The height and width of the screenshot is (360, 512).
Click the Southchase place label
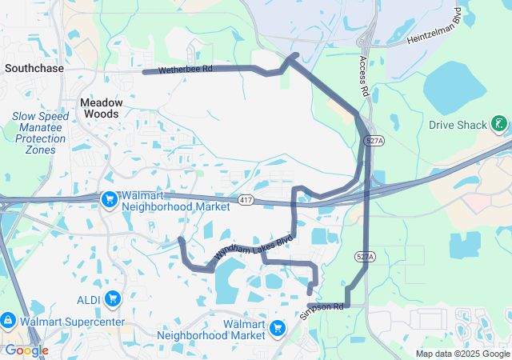point(34,69)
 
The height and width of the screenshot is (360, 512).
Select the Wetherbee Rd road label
point(185,70)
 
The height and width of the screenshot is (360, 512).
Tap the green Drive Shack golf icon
point(499,124)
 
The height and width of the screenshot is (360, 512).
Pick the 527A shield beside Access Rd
point(374,140)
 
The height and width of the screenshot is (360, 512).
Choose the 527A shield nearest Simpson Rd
point(364,257)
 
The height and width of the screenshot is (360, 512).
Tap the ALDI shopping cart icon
point(114,298)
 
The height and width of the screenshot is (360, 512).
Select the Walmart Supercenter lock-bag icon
point(7,321)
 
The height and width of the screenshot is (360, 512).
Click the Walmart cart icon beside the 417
point(109,198)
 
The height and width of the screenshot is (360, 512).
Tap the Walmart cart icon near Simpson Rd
point(278,328)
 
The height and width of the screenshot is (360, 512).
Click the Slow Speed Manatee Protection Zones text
point(40,133)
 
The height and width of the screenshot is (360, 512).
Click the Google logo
point(26,350)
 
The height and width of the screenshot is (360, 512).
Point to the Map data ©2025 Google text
point(462,354)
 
